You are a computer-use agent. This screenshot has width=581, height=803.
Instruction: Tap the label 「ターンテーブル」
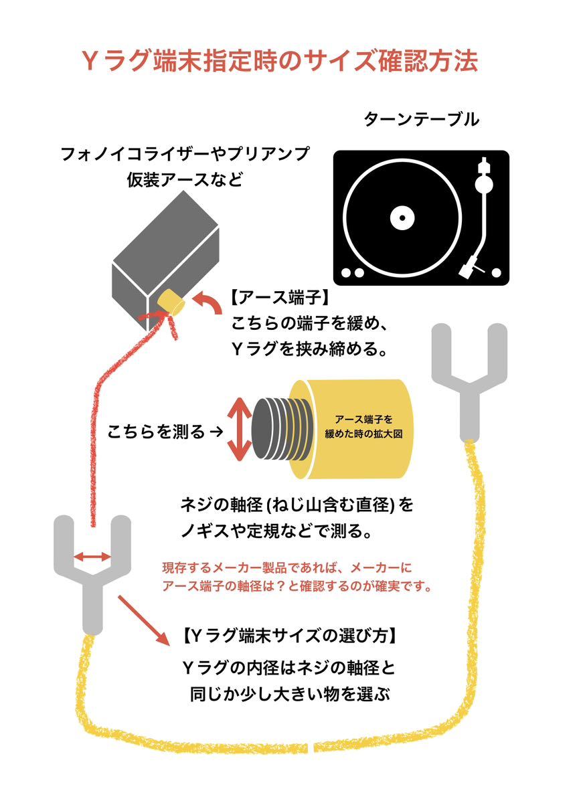point(421,120)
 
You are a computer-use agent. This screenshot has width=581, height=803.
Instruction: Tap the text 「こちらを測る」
point(156,432)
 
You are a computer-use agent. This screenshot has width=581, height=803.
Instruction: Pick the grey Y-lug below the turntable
point(469,375)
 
